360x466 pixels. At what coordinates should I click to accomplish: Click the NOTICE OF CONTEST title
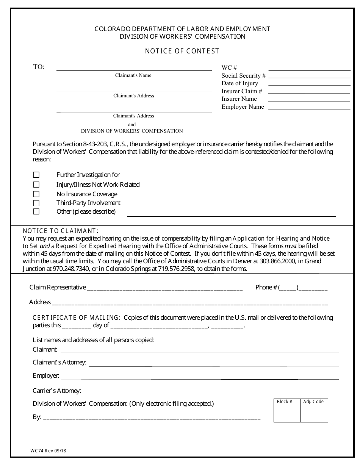point(182,51)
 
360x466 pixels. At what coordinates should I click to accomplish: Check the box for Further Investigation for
point(36,175)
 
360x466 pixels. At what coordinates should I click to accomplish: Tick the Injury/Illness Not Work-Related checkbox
point(36,185)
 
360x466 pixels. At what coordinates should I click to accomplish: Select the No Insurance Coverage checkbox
point(36,194)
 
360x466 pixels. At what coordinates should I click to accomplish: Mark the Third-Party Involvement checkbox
point(36,203)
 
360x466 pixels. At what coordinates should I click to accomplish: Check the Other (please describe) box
point(36,211)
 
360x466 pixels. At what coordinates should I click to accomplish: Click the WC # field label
point(229,68)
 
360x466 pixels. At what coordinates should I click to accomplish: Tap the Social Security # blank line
point(309,77)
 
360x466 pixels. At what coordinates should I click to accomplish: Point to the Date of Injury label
point(239,83)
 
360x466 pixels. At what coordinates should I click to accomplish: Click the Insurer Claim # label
point(242,91)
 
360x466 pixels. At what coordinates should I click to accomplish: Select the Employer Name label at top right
point(243,107)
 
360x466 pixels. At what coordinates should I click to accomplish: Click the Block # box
point(287,410)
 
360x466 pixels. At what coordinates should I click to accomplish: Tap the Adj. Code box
point(314,410)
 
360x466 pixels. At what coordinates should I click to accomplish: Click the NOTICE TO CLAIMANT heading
point(61,231)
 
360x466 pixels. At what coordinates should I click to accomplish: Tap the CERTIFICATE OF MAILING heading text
point(77,317)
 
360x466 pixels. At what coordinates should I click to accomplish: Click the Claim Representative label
point(58,287)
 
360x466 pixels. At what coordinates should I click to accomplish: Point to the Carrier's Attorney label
point(57,391)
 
